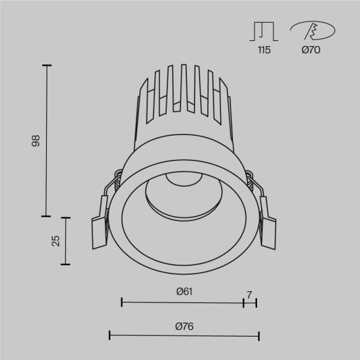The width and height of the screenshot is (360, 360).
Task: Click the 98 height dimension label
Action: click(36, 140)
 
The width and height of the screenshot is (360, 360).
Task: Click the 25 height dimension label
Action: click(56, 241)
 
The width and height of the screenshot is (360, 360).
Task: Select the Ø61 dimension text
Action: click(184, 291)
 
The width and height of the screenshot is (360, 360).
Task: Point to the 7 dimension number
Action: click(249, 294)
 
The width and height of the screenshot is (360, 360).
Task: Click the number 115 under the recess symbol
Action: click(264, 51)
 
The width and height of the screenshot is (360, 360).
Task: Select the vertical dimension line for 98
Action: click(46, 140)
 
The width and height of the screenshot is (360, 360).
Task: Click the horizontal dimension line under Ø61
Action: click(182, 303)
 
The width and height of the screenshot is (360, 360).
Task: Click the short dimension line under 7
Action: click(250, 303)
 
